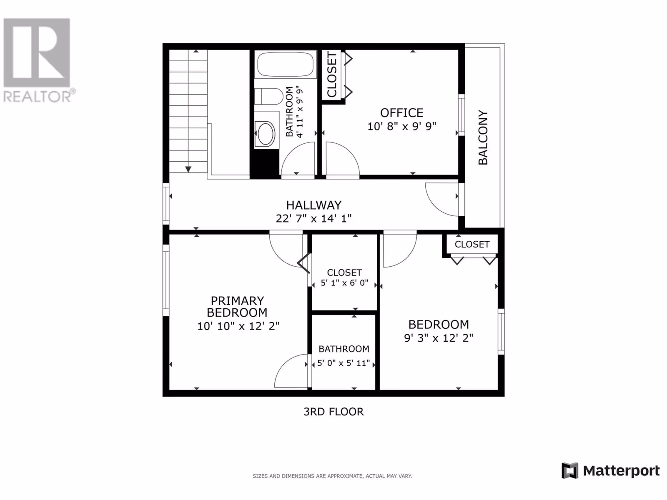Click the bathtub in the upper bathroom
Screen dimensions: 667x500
click(x=285, y=64)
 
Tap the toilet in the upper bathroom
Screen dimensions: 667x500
click(x=269, y=96)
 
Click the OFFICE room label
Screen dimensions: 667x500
click(x=402, y=113)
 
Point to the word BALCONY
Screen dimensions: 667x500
click(x=483, y=137)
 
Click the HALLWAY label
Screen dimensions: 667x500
click(x=313, y=205)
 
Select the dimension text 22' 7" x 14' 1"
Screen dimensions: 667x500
click(x=313, y=218)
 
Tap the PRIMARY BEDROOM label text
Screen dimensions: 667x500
click(x=237, y=307)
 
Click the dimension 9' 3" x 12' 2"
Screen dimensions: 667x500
click(x=439, y=338)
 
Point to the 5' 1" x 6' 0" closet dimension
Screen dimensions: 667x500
click(x=344, y=283)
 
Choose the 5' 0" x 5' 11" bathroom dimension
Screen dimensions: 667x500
click(x=344, y=363)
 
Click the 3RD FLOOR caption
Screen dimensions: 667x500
click(x=333, y=412)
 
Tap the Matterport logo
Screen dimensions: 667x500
click(x=610, y=471)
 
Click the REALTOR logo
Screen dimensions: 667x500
click(x=38, y=60)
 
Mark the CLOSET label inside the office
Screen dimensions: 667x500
click(x=332, y=75)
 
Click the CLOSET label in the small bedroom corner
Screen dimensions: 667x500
click(x=472, y=245)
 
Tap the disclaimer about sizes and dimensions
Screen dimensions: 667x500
click(x=332, y=476)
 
